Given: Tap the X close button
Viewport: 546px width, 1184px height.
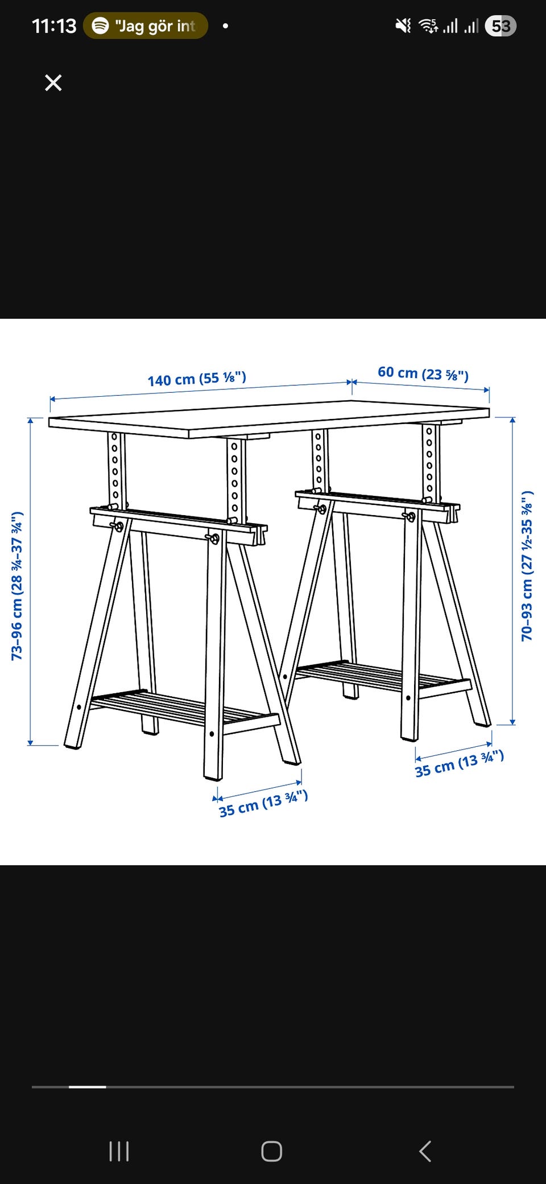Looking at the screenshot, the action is coord(53,83).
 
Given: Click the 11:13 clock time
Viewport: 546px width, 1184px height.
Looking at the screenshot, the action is coord(54,26).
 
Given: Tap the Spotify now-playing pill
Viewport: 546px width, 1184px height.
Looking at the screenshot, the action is coord(146,26).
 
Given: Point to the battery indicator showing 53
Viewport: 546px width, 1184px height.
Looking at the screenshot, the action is coord(500,26).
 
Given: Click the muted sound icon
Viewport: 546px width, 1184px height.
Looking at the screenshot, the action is coord(403,26).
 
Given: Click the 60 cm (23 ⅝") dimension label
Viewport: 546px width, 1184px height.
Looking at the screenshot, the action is coord(423,373).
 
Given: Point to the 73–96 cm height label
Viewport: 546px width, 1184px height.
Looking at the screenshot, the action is coord(18,586).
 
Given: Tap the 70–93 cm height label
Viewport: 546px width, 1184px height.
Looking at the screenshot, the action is coord(527,565).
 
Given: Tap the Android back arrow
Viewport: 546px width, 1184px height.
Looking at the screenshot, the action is coord(425,1151).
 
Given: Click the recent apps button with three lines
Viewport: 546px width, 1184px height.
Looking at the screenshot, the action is coord(119,1151).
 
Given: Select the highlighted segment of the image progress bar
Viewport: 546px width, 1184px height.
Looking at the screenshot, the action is coord(88,1087).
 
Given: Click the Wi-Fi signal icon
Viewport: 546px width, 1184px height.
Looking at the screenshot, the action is coord(428,26).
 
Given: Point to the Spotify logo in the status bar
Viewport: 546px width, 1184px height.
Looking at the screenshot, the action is coord(101,26).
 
